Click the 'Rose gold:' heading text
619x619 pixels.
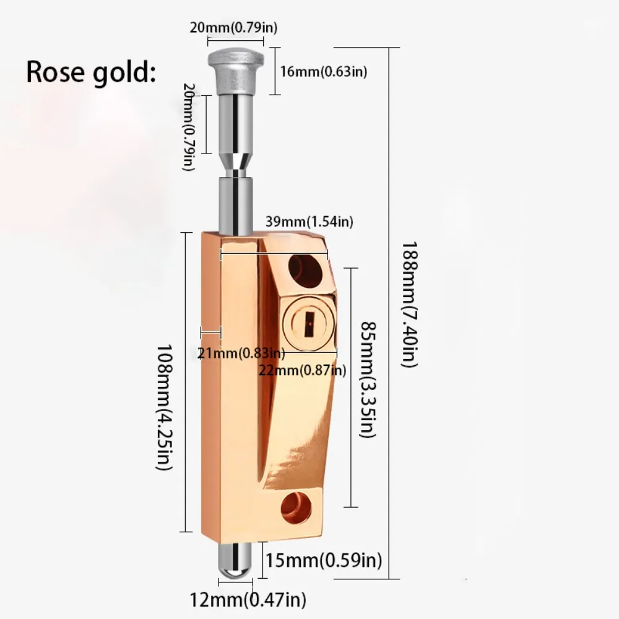pyautogui.click(x=89, y=72)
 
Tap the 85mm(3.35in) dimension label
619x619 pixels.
pyautogui.click(x=368, y=379)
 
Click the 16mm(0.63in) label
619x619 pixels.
pyautogui.click(x=323, y=71)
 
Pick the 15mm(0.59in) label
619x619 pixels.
pyautogui.click(x=323, y=561)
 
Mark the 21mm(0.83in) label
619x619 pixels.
pyautogui.click(x=241, y=353)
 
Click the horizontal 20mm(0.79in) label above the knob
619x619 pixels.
pyautogui.click(x=234, y=28)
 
